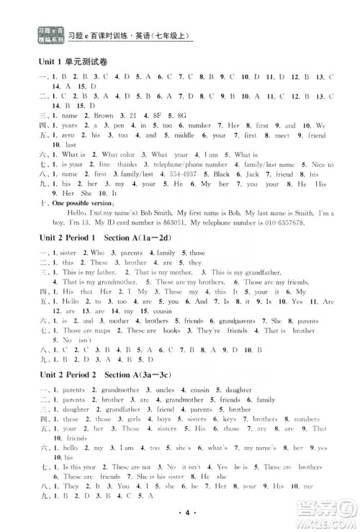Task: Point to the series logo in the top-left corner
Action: [x=47, y=32]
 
